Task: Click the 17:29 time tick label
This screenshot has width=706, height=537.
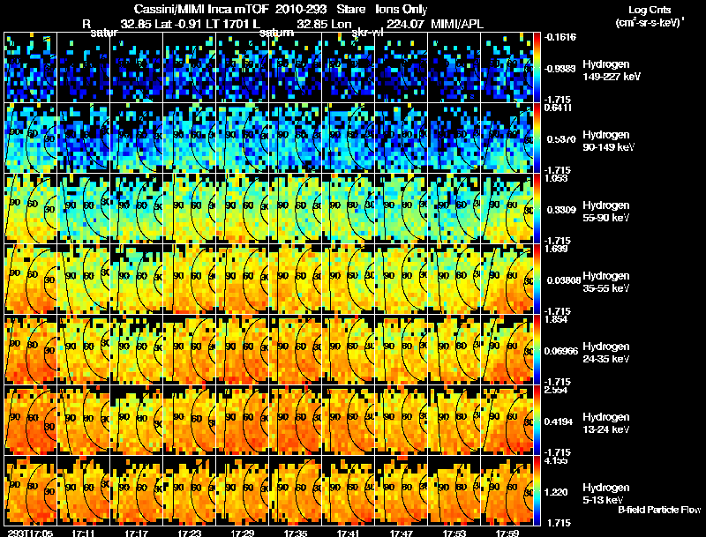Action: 242,533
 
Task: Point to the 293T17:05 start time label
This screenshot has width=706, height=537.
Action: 29,533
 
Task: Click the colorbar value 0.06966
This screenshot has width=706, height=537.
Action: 560,350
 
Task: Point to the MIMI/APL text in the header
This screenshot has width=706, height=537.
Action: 456,24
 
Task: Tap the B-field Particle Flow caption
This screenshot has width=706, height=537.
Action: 658,510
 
